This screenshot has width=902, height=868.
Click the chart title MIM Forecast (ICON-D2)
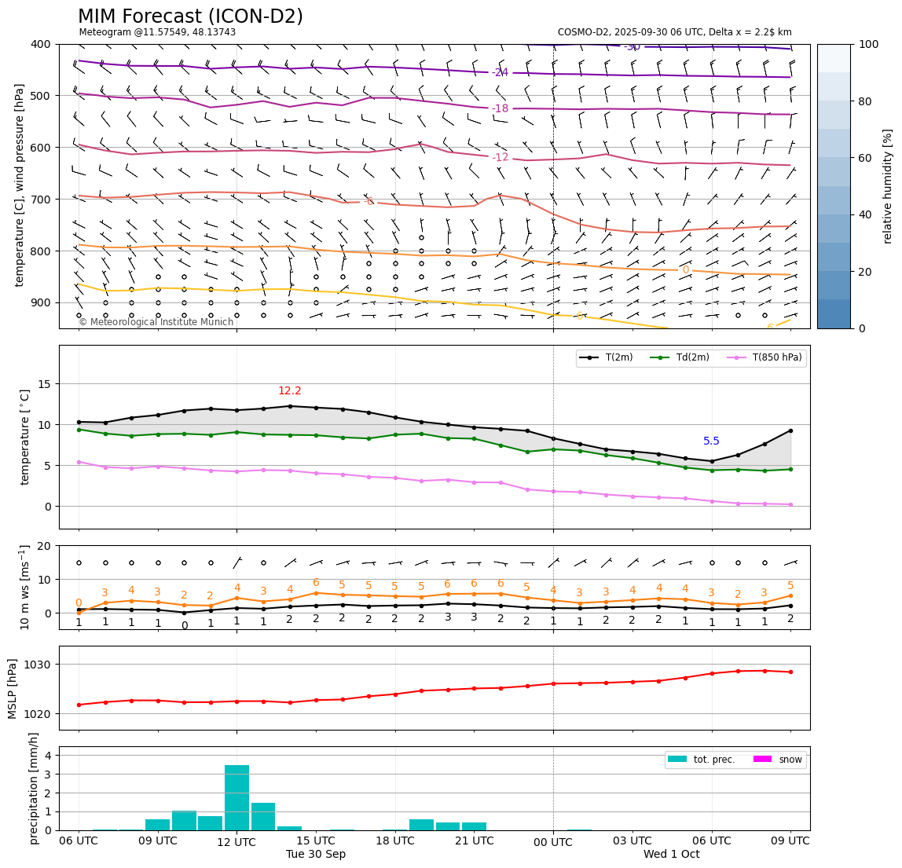(x=190, y=16)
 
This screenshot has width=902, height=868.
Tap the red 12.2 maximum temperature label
(x=289, y=391)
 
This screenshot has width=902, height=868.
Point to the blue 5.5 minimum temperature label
(x=711, y=441)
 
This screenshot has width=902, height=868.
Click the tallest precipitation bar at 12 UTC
(x=236, y=797)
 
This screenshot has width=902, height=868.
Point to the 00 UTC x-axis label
(x=553, y=842)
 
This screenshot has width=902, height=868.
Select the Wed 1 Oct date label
(x=671, y=855)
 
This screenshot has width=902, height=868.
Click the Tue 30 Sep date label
(x=316, y=855)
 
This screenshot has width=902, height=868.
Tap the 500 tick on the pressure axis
(x=40, y=96)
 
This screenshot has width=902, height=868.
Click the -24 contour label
(x=500, y=73)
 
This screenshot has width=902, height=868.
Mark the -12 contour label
(x=500, y=158)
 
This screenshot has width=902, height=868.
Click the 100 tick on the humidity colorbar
(x=868, y=44)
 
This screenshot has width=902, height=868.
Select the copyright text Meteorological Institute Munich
(x=156, y=322)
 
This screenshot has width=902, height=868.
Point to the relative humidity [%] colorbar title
(x=888, y=186)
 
